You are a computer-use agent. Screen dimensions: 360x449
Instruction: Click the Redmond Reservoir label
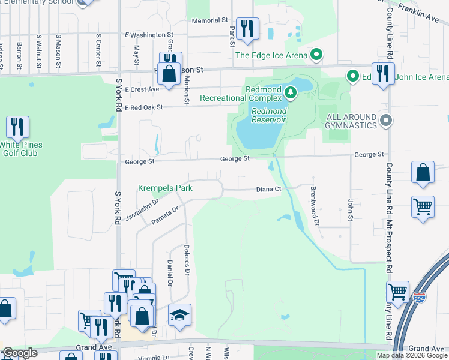pos(268,115)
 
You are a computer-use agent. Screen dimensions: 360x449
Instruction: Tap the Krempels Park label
pos(166,188)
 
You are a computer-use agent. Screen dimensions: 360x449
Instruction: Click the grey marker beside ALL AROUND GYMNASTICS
pos(386,121)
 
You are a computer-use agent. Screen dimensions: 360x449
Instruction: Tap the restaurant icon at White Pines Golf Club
pos(17,127)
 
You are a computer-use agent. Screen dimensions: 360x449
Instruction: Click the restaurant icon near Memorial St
pos(247,28)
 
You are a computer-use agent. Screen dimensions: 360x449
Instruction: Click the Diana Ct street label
pos(268,189)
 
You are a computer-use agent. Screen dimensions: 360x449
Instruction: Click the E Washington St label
pos(148,35)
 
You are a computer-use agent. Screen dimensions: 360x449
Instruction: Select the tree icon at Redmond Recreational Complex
pos(291,92)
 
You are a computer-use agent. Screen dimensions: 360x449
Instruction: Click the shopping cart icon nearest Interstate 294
pos(397,292)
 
